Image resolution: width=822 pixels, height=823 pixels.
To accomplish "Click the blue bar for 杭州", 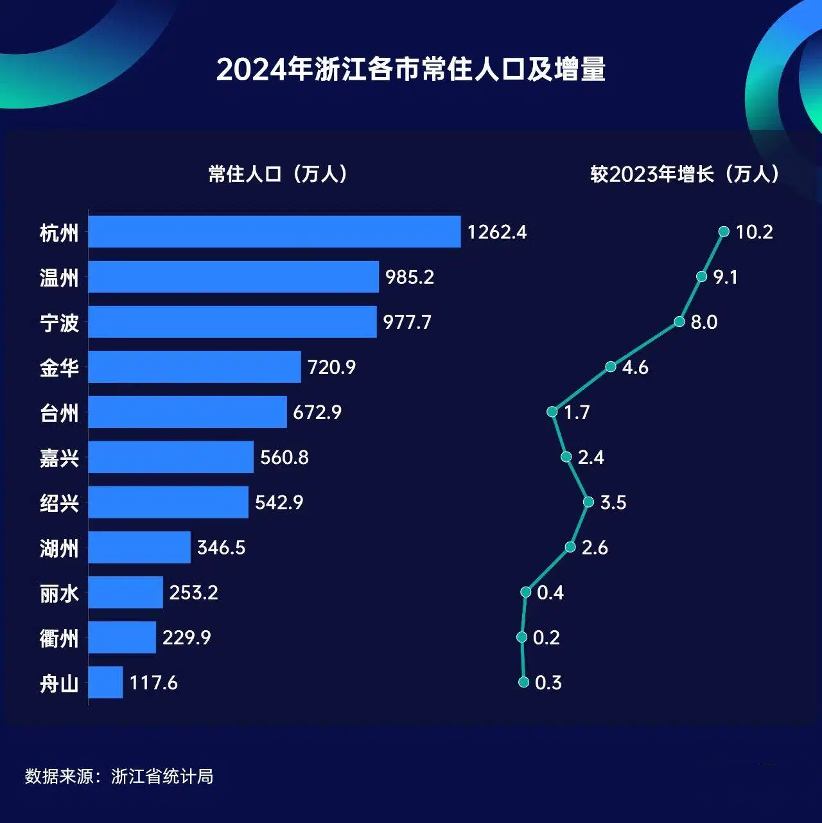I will [274, 232].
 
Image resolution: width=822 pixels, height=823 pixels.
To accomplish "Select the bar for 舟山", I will [105, 682].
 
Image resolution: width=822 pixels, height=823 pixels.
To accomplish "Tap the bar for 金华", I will [195, 367].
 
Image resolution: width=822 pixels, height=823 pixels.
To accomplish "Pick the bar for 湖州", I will [139, 547].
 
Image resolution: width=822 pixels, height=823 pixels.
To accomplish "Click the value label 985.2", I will [410, 277].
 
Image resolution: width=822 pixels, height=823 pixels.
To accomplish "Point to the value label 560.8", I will [284, 457].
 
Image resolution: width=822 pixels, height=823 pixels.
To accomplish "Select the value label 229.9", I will [187, 637].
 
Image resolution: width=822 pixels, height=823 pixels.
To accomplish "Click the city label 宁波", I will [59, 323].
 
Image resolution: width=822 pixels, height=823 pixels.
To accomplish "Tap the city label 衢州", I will [59, 638].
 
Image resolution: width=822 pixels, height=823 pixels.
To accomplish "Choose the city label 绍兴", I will [59, 502].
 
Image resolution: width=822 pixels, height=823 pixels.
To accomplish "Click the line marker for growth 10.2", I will [724, 231].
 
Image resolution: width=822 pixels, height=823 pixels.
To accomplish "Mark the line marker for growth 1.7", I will [552, 411].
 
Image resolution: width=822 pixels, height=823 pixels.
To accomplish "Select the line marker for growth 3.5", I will [588, 502].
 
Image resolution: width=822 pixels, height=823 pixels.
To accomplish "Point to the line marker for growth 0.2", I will [521, 637].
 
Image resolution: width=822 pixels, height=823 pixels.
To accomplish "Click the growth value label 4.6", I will [635, 367].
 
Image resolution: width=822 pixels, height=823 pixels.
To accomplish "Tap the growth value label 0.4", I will [550, 592].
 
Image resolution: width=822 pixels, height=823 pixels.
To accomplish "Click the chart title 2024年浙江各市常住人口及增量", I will [411, 69].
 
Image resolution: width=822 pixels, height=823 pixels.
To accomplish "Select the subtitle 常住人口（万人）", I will [278, 174].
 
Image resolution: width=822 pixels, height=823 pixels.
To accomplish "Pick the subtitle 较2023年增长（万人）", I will [685, 174].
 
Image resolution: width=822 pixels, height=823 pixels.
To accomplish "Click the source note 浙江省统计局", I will [162, 776].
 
